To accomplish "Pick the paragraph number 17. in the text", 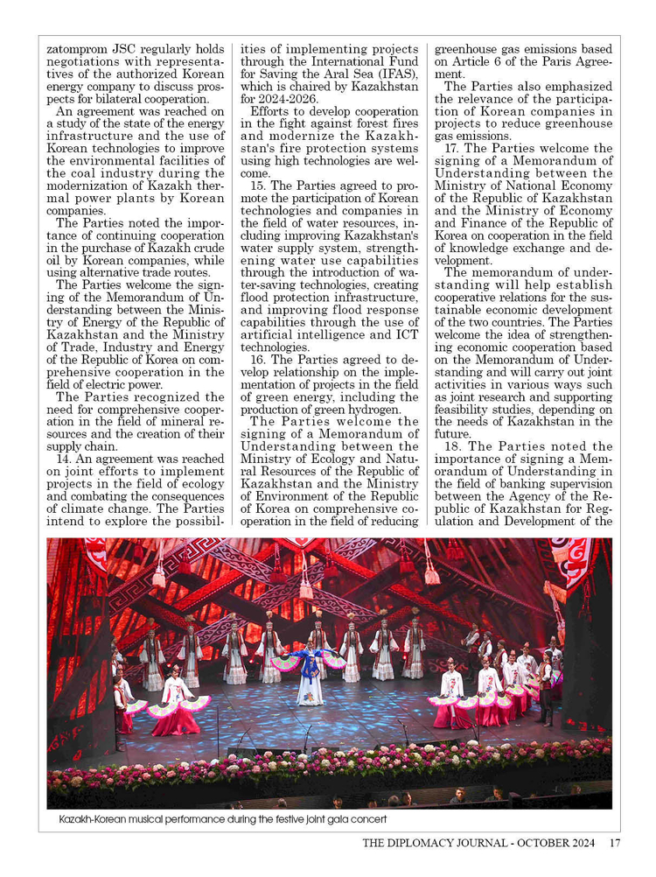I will (x=454, y=149).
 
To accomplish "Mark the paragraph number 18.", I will (x=454, y=446).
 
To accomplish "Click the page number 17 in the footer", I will (x=615, y=844).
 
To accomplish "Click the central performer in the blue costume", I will (x=311, y=674).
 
